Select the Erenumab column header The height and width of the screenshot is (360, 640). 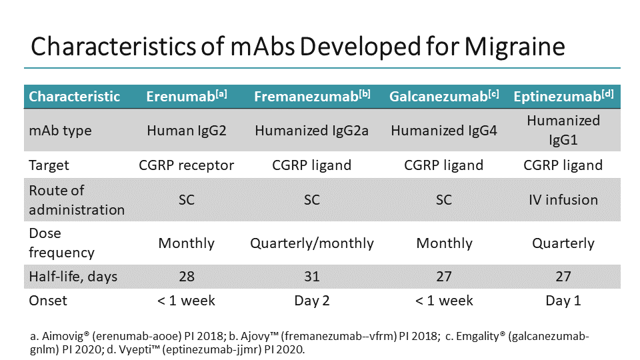pos(187,97)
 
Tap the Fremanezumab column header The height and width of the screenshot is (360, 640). pos(312,97)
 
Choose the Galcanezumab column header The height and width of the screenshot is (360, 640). pos(444,97)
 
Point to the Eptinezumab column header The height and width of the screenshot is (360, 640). pos(563,97)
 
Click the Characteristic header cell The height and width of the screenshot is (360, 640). pos(75,97)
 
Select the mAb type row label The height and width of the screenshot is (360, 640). pos(60,130)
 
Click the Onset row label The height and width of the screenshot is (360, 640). pos(48,300)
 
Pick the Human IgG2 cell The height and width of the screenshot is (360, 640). pos(187,130)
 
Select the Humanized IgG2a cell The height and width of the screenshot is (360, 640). pos(312,130)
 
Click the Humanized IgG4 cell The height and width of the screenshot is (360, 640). pos(444,130)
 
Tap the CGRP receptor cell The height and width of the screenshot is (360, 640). pos(187,165)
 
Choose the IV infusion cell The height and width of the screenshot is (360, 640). pos(563,200)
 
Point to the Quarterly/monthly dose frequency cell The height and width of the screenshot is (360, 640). pos(312,243)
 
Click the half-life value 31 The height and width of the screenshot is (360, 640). pos(312,275)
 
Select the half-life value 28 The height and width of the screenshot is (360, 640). pos(187,275)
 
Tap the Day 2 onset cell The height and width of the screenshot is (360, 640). pos(312,300)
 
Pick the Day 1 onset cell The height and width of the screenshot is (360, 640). pos(563,300)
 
